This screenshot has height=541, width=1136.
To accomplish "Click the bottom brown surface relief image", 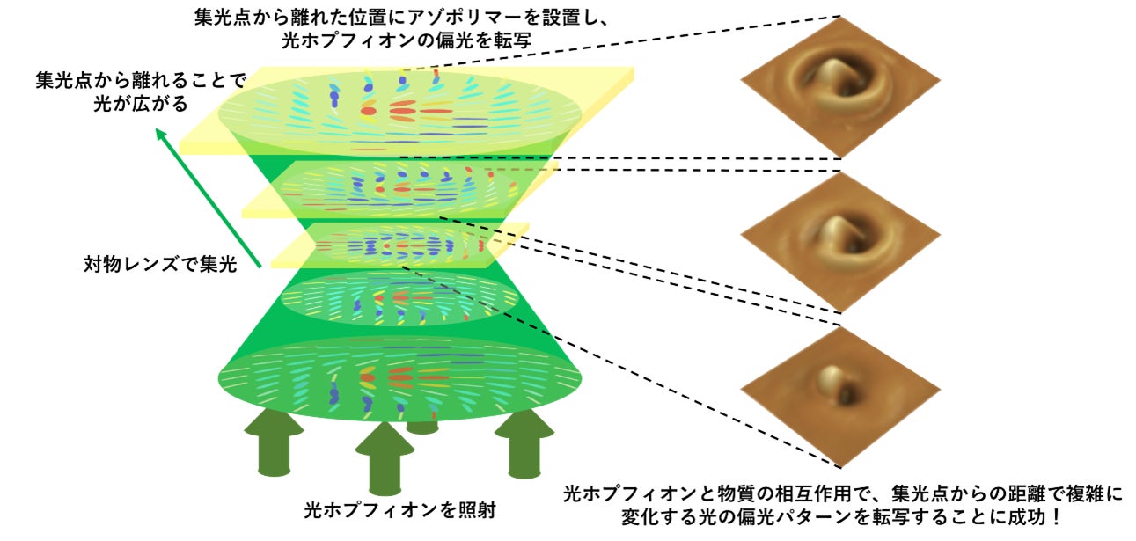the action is coord(840,392).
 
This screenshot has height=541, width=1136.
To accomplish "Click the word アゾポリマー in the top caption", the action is coord(458,17).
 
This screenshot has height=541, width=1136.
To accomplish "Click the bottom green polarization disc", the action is coord(399,378).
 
